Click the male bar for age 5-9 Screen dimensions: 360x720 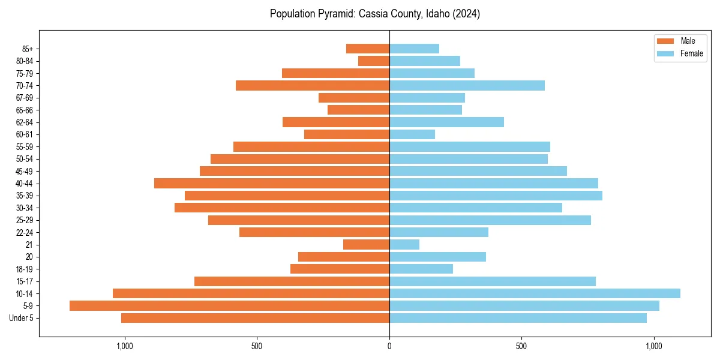(x=229, y=305)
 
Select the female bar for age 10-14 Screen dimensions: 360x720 (x=535, y=293)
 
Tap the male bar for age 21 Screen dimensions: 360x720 (x=366, y=244)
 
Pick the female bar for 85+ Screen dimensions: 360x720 (x=414, y=49)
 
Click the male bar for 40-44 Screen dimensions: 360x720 (x=272, y=183)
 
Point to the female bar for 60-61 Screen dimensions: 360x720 (x=412, y=134)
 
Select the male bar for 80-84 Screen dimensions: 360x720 (x=374, y=61)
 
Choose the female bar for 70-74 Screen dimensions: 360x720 (x=467, y=85)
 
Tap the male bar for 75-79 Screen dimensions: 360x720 (x=335, y=73)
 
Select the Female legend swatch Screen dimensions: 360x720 (x=665, y=53)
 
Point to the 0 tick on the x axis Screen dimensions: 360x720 (x=389, y=346)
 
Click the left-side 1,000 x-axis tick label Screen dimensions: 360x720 (x=125, y=346)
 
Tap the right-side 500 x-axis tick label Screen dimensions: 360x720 (x=521, y=346)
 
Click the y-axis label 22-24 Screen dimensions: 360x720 (x=25, y=232)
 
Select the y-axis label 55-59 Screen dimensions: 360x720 (x=25, y=146)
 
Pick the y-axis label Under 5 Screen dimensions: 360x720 (x=21, y=317)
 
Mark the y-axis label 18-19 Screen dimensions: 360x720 (x=25, y=269)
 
